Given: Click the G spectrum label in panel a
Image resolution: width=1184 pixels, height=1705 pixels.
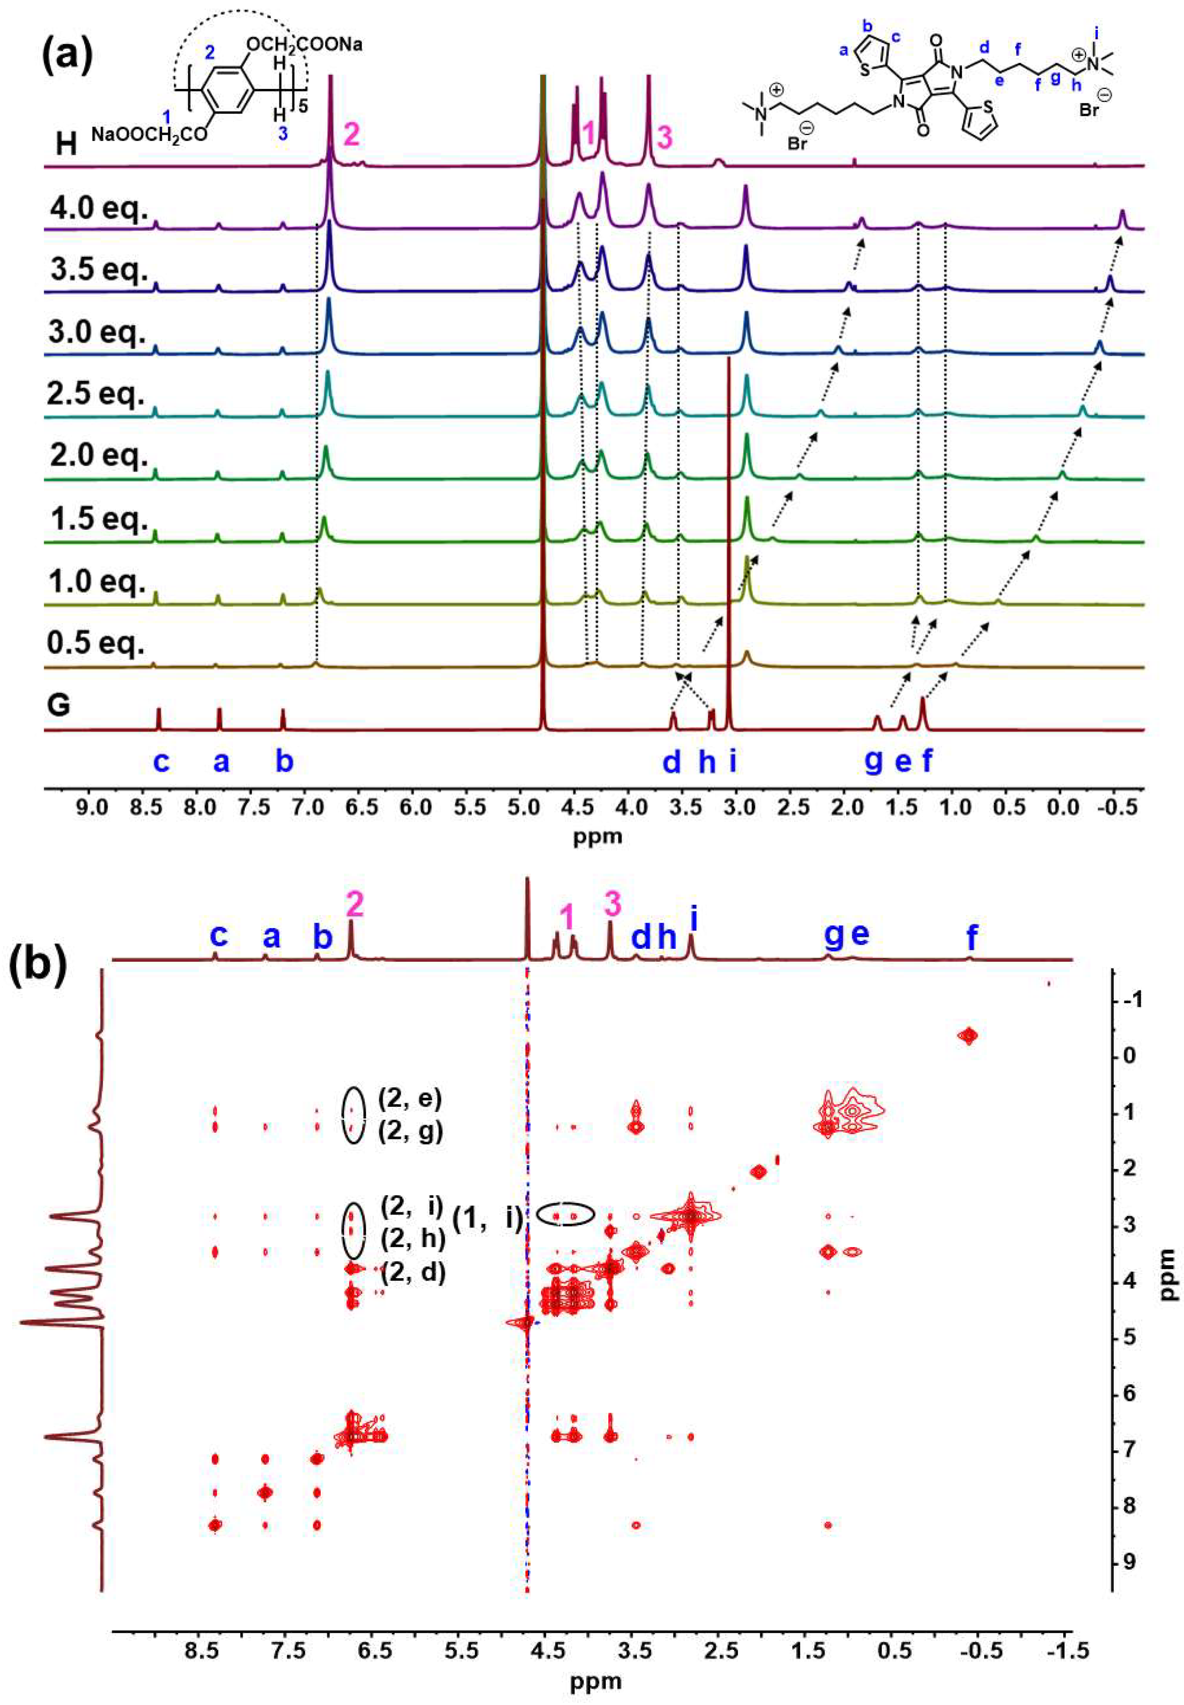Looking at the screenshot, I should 59,704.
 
